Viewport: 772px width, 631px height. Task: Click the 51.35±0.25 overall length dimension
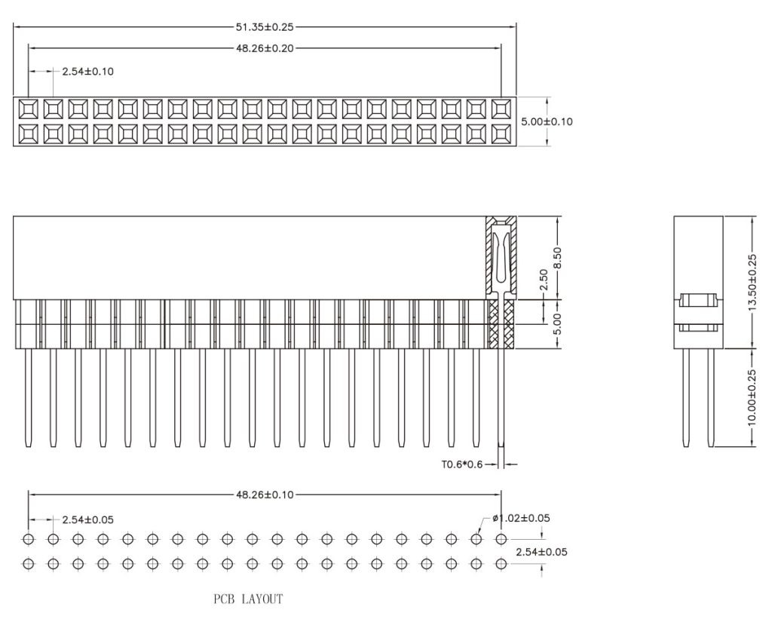pos(265,27)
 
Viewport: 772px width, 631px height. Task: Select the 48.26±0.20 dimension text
pos(265,47)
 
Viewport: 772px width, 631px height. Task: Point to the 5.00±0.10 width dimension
pos(547,121)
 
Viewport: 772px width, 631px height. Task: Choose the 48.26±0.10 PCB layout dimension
pos(265,495)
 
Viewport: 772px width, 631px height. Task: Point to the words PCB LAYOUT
pos(248,600)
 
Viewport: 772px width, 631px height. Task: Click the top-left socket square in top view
pos(28,109)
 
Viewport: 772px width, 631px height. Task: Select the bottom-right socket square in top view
pos(501,133)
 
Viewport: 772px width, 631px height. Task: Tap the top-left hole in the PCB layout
pos(28,539)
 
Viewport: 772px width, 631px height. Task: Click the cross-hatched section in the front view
pos(501,324)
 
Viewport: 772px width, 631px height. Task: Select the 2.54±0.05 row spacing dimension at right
pos(542,552)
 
